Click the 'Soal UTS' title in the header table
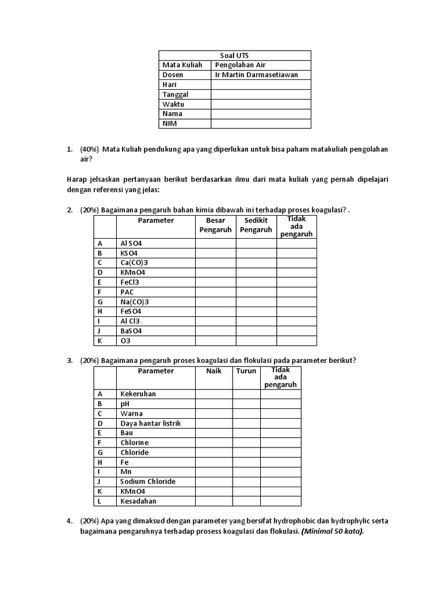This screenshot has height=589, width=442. (234, 55)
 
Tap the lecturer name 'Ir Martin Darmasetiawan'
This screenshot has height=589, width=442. (256, 75)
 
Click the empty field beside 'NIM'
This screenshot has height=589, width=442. (261, 124)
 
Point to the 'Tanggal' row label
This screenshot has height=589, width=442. (176, 94)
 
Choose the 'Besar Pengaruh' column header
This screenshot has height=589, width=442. (215, 225)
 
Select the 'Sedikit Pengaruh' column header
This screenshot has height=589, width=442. (256, 225)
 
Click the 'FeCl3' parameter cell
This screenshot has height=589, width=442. (130, 282)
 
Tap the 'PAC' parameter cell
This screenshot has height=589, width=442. (127, 292)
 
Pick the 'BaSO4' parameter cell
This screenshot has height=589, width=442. (131, 331)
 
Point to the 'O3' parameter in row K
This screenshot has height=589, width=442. (125, 341)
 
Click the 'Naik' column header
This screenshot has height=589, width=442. (214, 371)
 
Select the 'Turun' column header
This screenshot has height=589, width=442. (246, 371)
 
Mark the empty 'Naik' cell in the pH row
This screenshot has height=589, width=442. (214, 404)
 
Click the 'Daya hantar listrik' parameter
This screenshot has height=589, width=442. (150, 423)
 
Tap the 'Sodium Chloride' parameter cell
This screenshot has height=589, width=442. (148, 481)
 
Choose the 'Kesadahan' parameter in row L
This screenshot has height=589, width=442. (138, 501)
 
